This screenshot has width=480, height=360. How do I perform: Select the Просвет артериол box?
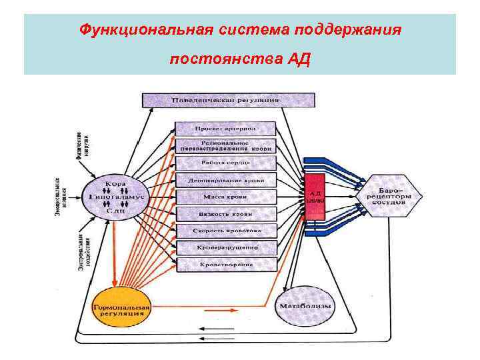(x=225, y=128)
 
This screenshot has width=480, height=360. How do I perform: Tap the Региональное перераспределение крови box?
(x=225, y=146)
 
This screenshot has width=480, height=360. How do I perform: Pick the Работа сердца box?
(x=225, y=163)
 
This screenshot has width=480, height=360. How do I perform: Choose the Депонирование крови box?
(x=225, y=180)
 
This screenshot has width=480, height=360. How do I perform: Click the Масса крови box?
(x=225, y=197)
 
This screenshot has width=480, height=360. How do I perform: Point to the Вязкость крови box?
(x=225, y=214)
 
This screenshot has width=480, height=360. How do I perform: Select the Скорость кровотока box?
(x=225, y=231)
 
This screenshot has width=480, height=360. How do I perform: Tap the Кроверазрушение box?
(x=225, y=247)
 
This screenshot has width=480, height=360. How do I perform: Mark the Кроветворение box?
(x=225, y=265)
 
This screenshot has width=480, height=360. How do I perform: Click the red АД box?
(x=314, y=196)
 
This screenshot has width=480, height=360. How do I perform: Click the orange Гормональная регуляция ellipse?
(x=121, y=308)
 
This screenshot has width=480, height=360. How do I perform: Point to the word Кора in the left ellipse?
(x=114, y=183)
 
